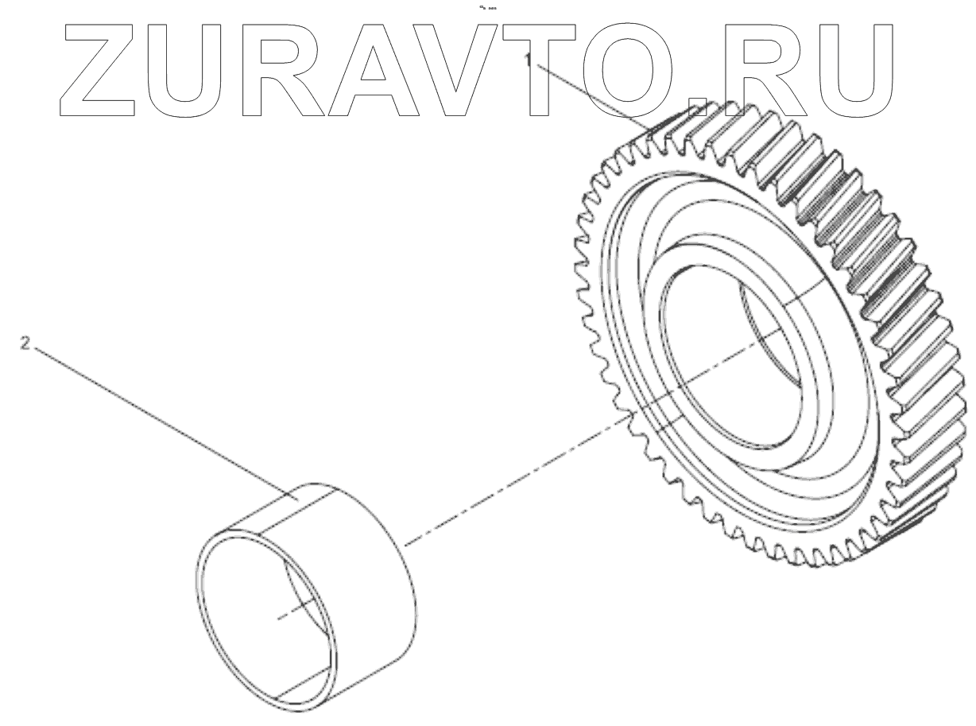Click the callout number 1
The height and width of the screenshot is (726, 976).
coord(527,60)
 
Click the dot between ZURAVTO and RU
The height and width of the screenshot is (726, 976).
coord(697,108)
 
